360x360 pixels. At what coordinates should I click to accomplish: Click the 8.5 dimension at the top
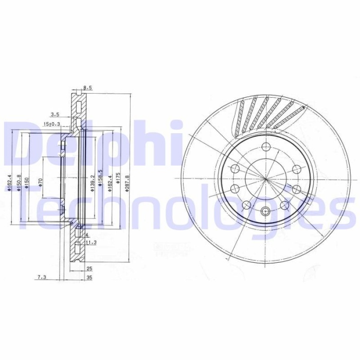tap(87, 88)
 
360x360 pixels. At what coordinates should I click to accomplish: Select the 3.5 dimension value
tap(56, 114)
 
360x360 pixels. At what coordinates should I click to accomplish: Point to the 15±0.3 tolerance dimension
tap(51, 124)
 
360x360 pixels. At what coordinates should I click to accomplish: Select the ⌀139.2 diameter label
tap(93, 182)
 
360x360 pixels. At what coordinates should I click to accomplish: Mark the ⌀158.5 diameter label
tap(101, 179)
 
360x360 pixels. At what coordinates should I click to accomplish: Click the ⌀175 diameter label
tap(118, 180)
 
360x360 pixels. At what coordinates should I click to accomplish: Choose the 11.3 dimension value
tap(91, 242)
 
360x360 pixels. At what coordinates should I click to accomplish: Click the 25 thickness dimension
tap(89, 268)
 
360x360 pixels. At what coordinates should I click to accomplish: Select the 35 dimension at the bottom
tap(89, 278)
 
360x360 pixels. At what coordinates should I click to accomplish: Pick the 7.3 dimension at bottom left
tap(42, 278)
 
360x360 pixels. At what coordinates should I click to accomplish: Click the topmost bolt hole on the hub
tap(265, 146)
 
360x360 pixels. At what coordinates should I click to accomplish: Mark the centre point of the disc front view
tap(265, 178)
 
